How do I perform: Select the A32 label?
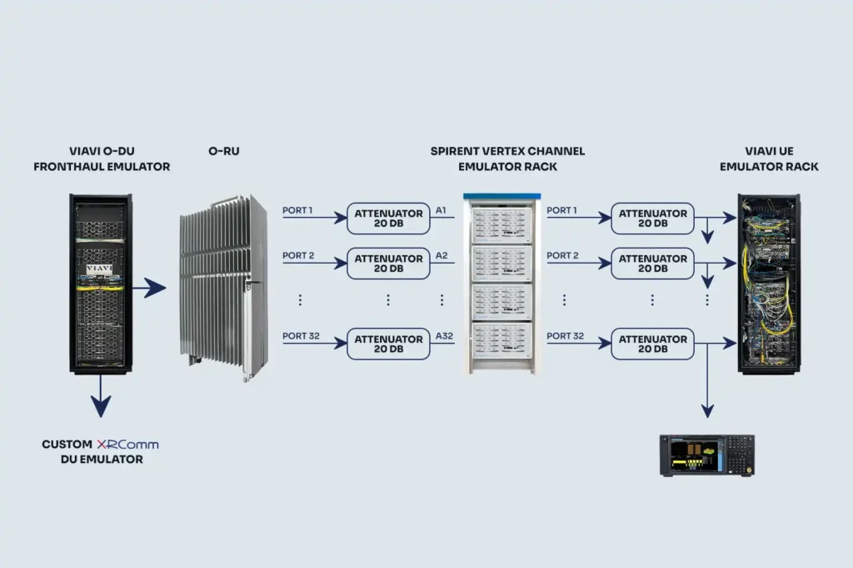(445, 336)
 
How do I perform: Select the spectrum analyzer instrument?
(706, 455)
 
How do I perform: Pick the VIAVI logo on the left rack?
(100, 269)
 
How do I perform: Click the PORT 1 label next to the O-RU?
(298, 210)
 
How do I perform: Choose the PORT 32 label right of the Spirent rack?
(565, 336)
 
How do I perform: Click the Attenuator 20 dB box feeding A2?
(388, 264)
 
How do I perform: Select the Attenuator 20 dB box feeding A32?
(388, 344)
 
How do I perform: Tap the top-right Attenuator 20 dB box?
(652, 219)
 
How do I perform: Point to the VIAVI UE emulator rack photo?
(768, 284)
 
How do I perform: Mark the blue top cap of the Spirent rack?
(501, 197)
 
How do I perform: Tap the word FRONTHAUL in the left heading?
(68, 167)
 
